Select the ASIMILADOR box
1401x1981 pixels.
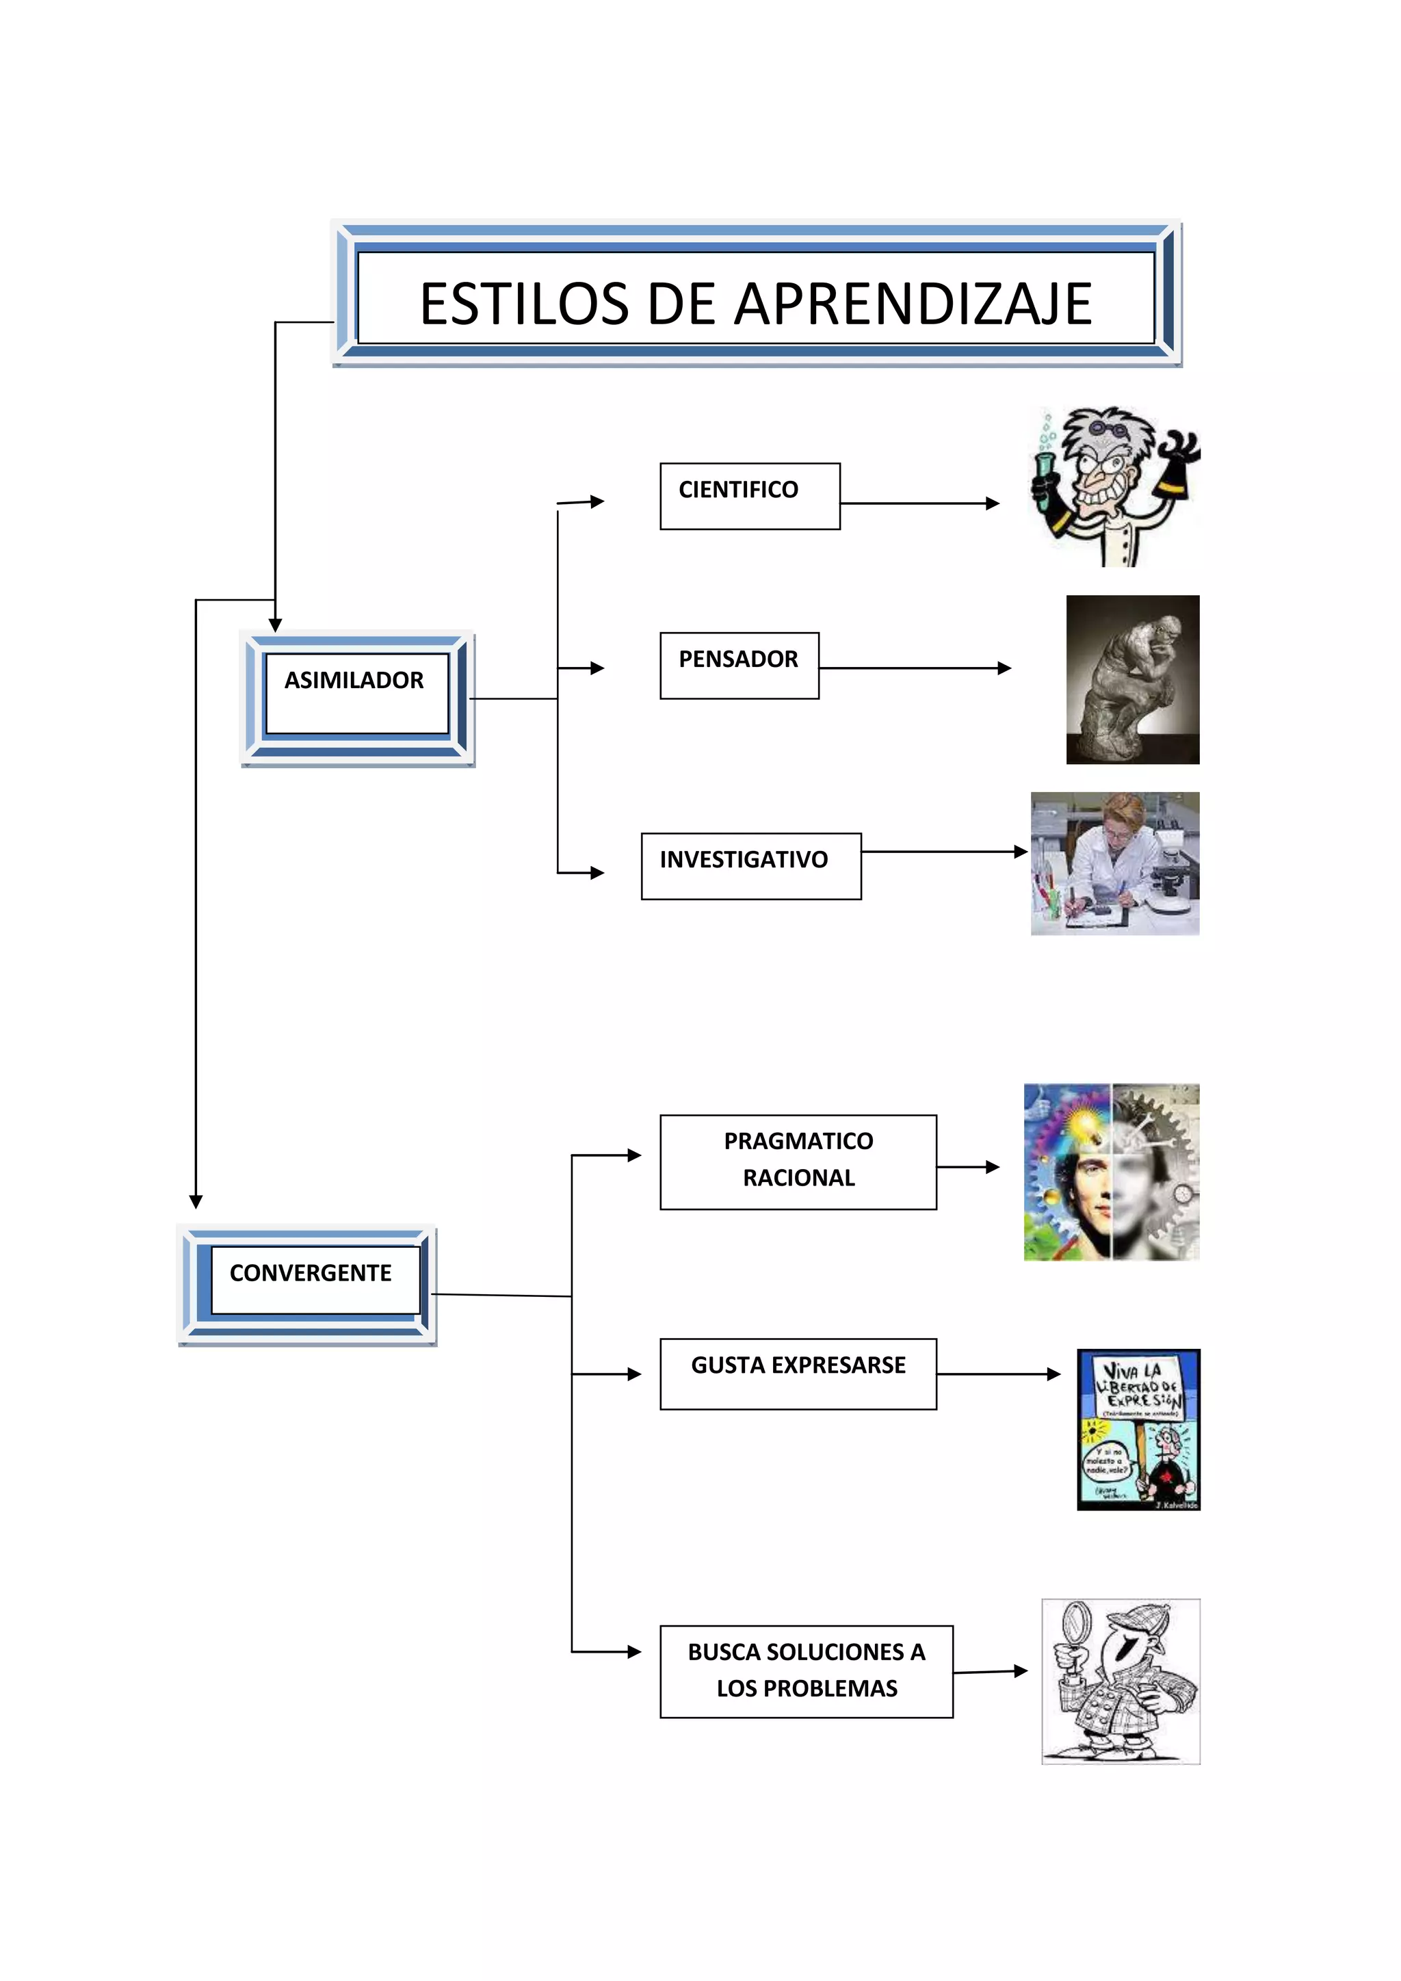pos(357,694)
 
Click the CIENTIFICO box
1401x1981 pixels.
pos(749,495)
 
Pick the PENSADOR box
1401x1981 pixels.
pos(738,664)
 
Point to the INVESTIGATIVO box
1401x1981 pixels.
pos(750,865)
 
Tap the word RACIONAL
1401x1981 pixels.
pos(798,1178)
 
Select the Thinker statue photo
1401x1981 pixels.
pos(1132,679)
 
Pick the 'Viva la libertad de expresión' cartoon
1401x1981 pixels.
pos(1138,1429)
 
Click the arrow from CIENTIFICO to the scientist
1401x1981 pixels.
pos(919,503)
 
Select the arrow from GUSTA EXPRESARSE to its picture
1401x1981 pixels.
pos(998,1374)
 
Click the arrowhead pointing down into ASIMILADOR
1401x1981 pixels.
pos(275,625)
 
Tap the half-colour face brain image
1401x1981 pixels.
pos(1111,1172)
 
